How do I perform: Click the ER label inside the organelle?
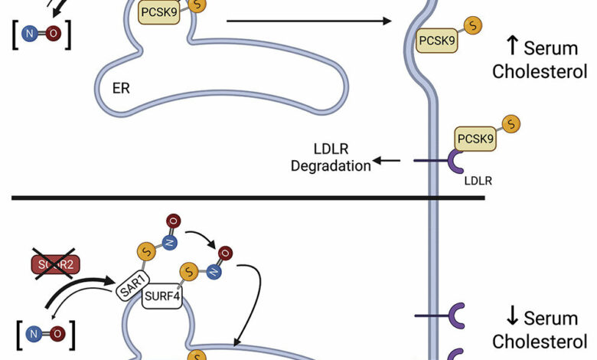tap(120, 87)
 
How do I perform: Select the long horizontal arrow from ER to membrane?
tap(306, 21)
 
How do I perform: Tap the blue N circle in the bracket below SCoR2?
tap(33, 332)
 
